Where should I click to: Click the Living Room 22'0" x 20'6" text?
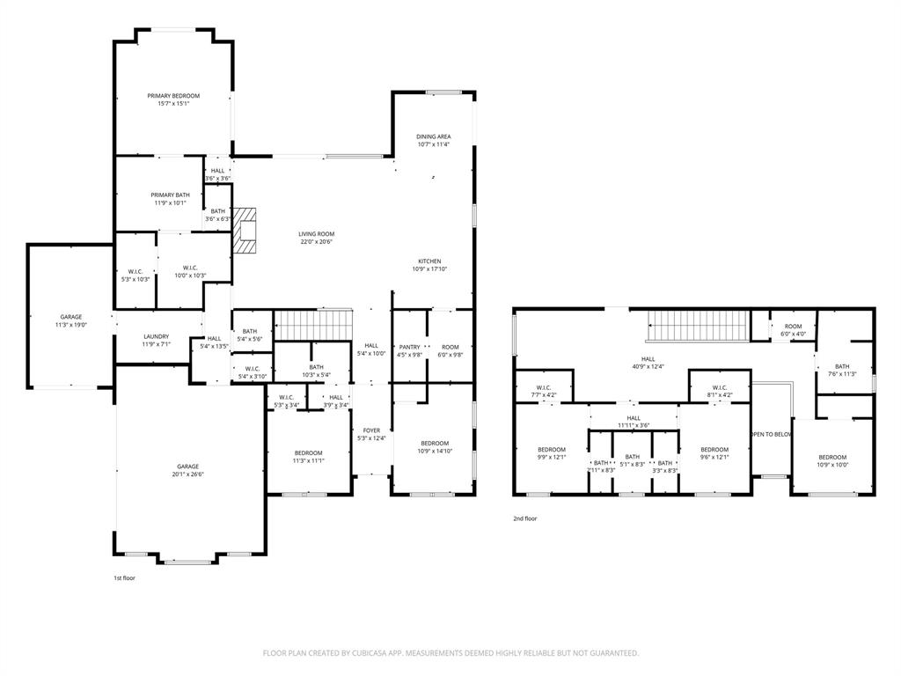(316, 238)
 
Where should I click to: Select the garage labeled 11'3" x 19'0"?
(71, 320)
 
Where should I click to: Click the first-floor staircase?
(313, 324)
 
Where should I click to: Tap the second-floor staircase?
(698, 326)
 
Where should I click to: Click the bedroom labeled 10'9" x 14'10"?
(435, 447)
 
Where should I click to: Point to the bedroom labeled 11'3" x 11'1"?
(309, 456)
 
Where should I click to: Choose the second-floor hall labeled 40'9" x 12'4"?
(648, 363)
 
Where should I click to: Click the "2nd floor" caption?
(525, 518)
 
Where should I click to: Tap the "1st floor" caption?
(124, 578)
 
